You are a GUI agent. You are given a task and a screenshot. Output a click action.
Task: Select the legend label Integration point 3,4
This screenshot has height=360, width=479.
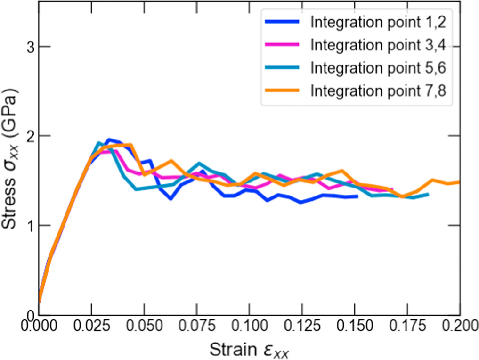378,45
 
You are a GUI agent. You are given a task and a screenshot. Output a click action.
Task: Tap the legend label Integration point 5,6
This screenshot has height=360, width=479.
378,67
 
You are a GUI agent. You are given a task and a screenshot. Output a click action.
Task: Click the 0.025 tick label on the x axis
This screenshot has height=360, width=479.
91,326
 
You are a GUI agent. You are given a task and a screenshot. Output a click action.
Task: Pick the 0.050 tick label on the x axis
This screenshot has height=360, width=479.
144,326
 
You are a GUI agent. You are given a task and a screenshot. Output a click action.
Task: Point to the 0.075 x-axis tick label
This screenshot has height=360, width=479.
196,326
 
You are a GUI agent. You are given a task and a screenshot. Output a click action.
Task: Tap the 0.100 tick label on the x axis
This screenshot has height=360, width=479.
249,326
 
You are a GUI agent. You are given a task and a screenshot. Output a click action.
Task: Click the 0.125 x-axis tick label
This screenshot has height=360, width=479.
302,326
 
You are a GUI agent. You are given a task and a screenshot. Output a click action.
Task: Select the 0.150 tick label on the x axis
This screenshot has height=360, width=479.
355,326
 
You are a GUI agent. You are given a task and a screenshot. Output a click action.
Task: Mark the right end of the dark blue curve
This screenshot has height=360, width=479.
357,196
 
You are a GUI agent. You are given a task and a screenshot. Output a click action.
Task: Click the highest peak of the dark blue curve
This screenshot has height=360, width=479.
109,139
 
